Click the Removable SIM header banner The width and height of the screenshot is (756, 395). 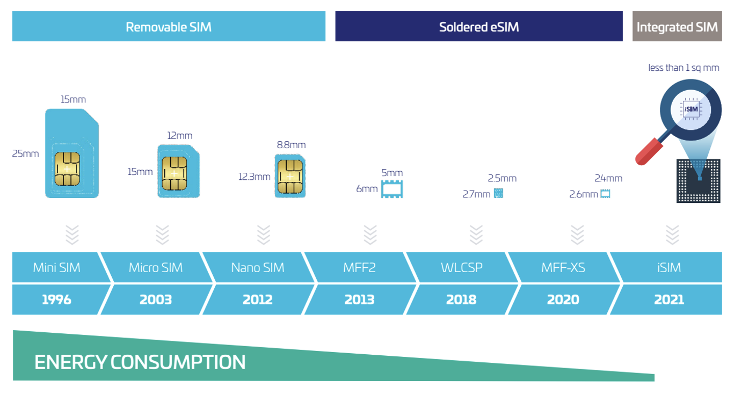(x=169, y=26)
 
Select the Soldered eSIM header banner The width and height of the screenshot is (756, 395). (x=479, y=26)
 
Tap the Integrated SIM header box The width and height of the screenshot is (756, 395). (x=677, y=26)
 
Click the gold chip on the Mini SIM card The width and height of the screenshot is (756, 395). (x=67, y=169)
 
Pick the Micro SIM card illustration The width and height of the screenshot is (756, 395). (x=178, y=171)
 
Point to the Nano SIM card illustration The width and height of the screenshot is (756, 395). (x=290, y=176)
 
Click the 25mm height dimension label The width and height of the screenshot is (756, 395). (x=25, y=153)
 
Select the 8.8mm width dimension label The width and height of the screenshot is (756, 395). (x=291, y=145)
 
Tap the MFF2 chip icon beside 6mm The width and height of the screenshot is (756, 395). (x=392, y=189)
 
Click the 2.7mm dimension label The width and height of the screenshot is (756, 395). (x=476, y=194)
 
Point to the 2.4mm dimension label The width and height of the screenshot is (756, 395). (x=608, y=178)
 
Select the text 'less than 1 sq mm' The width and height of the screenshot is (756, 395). (x=684, y=68)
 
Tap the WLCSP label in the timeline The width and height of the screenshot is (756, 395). (x=461, y=267)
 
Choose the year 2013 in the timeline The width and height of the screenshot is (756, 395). (x=359, y=299)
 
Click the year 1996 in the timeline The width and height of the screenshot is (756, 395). (x=56, y=299)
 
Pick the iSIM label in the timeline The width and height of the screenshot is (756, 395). (x=668, y=267)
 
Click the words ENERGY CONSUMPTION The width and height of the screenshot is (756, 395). (x=140, y=362)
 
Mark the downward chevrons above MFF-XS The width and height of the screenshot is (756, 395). (x=577, y=235)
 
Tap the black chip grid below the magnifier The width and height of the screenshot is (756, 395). (x=698, y=182)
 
